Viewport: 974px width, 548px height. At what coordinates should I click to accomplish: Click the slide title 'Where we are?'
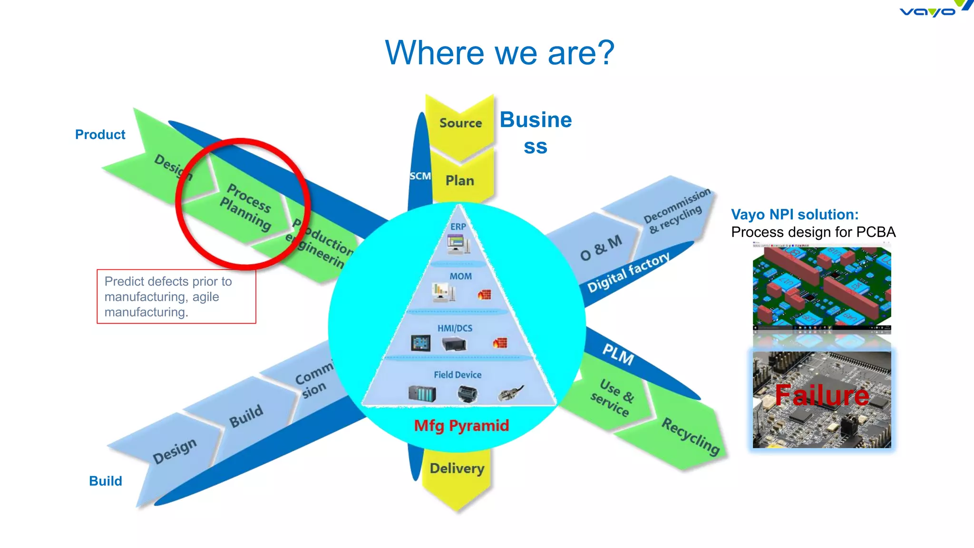pos(499,53)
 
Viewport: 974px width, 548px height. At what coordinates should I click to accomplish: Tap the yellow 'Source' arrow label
pos(460,123)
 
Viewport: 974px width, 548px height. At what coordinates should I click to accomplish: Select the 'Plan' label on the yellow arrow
pos(459,181)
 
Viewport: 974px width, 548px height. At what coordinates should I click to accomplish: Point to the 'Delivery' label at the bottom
pos(457,469)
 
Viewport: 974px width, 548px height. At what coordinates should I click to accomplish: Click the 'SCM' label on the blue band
pos(420,176)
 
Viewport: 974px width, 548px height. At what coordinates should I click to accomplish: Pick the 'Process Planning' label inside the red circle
pos(246,206)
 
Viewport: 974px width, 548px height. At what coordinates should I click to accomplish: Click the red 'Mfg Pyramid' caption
pos(461,425)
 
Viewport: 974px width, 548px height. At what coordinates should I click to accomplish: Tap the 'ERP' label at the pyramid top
pos(458,227)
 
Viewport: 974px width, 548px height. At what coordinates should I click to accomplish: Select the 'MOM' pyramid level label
pos(460,276)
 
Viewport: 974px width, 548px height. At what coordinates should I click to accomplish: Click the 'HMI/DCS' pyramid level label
pos(455,328)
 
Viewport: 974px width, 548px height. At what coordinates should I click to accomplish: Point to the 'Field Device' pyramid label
pos(457,375)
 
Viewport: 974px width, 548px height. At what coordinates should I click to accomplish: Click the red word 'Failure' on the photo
pos(821,395)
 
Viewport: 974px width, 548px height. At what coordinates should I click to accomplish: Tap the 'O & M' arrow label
pos(601,247)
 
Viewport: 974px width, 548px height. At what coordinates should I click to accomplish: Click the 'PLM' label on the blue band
pos(618,354)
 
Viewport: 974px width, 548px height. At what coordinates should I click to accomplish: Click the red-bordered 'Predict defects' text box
pos(176,296)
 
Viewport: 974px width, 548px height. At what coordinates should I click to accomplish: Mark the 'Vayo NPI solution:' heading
pos(795,215)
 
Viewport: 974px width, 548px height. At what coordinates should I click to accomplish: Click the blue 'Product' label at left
pos(100,135)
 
